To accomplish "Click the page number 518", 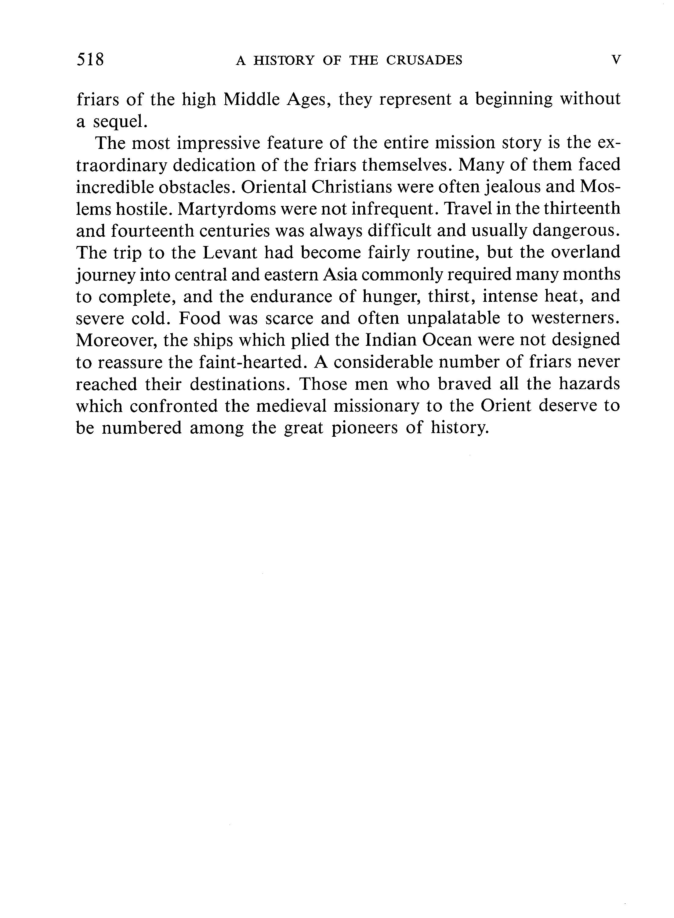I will tap(90, 60).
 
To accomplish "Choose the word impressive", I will tap(218, 143).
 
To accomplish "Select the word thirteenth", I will tap(582, 209).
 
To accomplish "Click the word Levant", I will tap(230, 253).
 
